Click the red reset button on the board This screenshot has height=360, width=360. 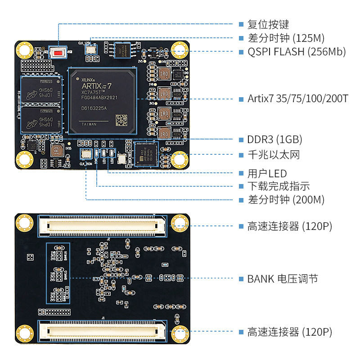58,52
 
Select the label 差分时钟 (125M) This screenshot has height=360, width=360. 286,38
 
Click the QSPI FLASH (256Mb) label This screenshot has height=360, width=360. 297,51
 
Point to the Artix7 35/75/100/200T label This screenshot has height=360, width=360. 298,99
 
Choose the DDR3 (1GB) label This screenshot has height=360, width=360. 274,139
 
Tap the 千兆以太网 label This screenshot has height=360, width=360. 274,155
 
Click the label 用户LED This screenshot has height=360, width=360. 267,173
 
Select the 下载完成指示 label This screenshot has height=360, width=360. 279,186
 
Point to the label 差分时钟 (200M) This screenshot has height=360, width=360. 286,200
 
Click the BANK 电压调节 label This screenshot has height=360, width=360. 283,279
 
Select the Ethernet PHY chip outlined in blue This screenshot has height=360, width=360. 147,153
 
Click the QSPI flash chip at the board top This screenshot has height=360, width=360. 121,49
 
